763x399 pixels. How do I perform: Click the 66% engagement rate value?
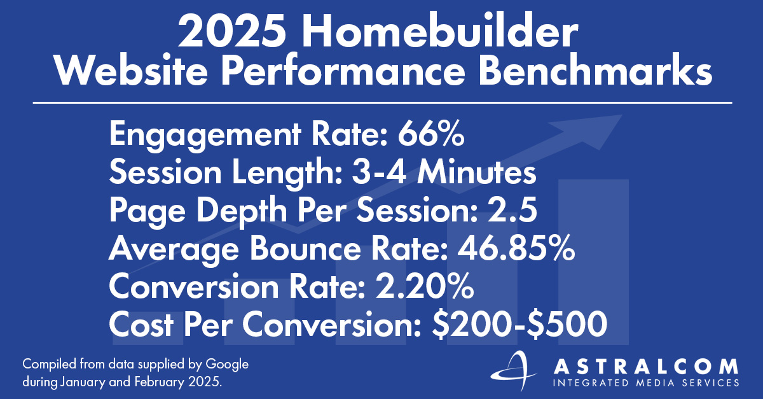click(x=430, y=134)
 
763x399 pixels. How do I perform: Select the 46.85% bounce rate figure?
click(x=516, y=249)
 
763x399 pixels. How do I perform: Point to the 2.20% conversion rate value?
click(x=424, y=287)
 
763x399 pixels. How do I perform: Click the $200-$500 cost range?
click(x=519, y=325)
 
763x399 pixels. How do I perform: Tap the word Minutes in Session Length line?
click(x=476, y=172)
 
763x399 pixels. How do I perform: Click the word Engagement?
click(x=205, y=136)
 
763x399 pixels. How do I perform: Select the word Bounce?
click(x=305, y=249)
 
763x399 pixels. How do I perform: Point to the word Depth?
click(x=242, y=212)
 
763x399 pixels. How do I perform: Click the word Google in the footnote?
click(x=227, y=365)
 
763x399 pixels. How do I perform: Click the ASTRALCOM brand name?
click(x=646, y=367)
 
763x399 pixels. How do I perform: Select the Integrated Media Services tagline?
click(x=646, y=382)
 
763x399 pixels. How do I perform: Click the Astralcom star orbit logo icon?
click(x=513, y=372)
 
